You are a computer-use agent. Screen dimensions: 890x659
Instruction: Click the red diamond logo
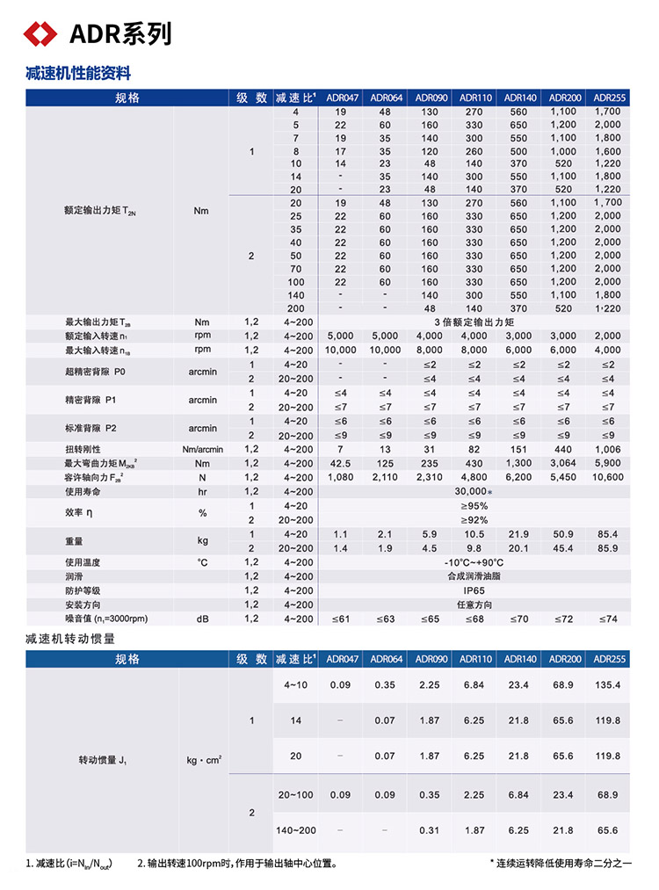pos(40,34)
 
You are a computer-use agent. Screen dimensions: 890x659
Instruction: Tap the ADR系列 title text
pos(120,34)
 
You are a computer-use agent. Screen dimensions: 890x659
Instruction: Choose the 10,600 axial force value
pos(607,477)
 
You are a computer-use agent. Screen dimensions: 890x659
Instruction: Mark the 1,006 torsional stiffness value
pos(607,449)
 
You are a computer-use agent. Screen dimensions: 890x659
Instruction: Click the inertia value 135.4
pos(607,684)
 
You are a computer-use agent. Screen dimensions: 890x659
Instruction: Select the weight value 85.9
pos(607,547)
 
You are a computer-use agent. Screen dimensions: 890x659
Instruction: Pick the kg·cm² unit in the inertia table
pos(205,756)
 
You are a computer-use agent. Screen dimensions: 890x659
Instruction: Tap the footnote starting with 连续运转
pos(563,864)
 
